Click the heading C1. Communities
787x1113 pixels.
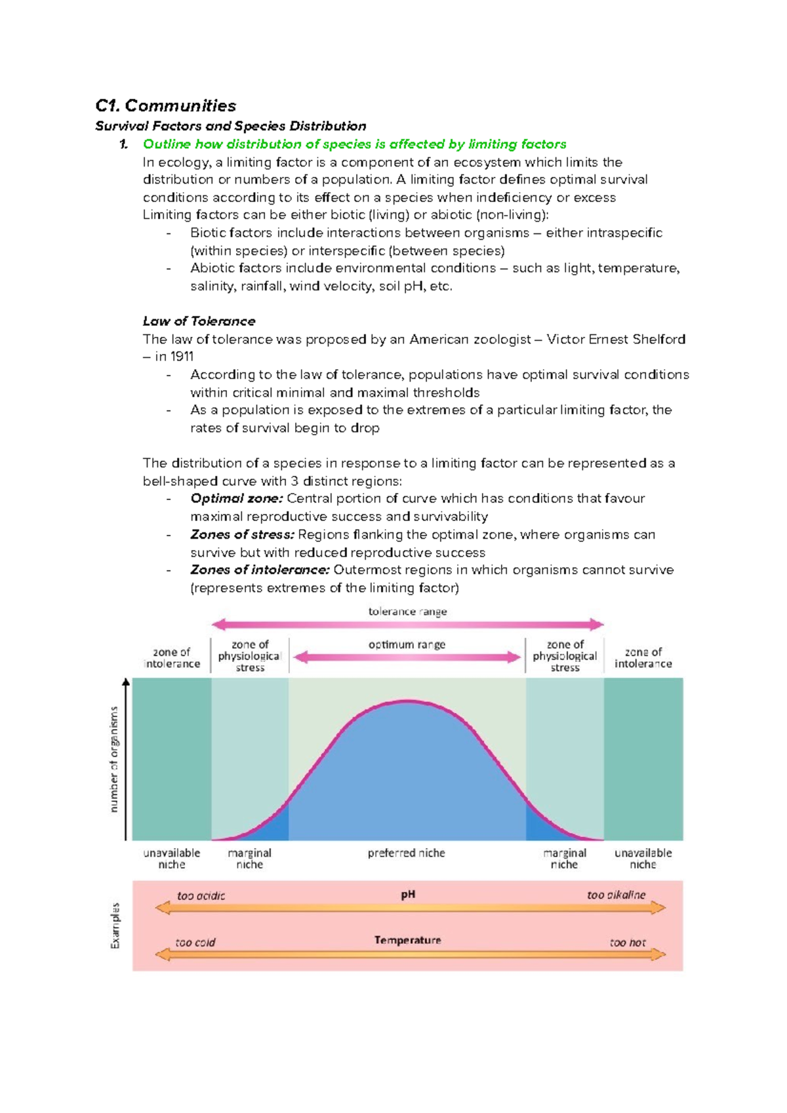click(x=165, y=106)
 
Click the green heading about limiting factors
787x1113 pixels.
click(x=354, y=144)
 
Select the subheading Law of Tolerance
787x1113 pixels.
click(x=199, y=321)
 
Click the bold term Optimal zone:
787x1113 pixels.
click(x=236, y=499)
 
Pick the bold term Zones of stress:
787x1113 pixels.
click(x=242, y=535)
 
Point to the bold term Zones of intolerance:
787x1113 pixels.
click(x=260, y=570)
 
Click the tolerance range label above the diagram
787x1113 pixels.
click(x=407, y=612)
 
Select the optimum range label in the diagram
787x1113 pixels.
click(x=407, y=645)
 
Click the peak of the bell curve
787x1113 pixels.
click(x=407, y=702)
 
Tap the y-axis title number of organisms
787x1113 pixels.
click(x=114, y=759)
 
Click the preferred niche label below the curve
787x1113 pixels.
click(x=406, y=853)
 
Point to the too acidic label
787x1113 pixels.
click(x=201, y=896)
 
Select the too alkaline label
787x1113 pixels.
click(x=616, y=895)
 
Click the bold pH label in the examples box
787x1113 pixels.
click(x=408, y=895)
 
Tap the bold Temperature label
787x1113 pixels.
click(x=407, y=941)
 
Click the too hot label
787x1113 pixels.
click(x=628, y=943)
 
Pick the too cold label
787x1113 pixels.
click(x=195, y=943)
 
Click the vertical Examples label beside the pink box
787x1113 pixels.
click(x=115, y=926)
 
